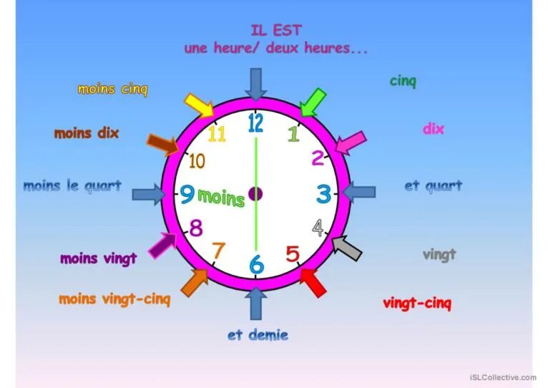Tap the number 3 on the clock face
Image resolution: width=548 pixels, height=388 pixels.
coord(324,194)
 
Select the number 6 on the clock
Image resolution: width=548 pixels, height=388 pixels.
coord(256,264)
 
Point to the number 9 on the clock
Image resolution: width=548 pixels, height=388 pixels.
coord(187,194)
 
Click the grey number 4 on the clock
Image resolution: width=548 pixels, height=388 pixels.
coord(318,228)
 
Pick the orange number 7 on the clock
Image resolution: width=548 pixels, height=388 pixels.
coord(218,251)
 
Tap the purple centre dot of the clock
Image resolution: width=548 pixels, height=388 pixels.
coord(255,193)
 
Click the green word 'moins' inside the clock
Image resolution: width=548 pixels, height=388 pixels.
coord(220,196)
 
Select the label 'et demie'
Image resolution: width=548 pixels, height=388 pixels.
coord(258,334)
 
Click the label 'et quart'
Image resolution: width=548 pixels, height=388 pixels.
coord(433,186)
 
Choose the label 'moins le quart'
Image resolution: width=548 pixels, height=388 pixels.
coord(72,186)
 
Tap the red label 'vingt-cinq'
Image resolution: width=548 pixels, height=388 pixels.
coord(417,303)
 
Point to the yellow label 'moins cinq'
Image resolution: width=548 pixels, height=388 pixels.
coord(112,89)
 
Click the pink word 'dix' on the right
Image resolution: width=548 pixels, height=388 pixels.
coord(433,129)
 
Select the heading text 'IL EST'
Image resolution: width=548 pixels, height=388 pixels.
coord(276,31)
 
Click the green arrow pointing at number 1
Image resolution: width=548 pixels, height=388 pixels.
coord(312,102)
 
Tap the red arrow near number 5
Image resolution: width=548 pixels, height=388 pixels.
coord(313,281)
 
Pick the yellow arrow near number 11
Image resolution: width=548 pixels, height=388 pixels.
coord(199,105)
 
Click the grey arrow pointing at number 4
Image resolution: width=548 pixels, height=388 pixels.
coord(347,248)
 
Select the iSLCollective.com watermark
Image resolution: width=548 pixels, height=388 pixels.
coord(503,377)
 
